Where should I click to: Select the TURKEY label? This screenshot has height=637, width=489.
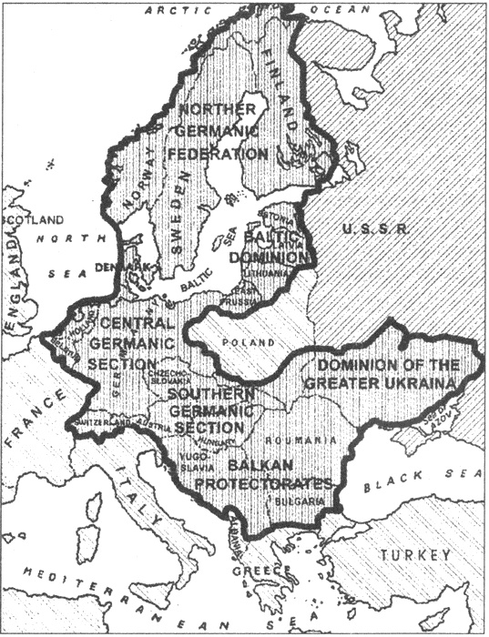click(417, 555)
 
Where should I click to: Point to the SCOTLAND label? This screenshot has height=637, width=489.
click(34, 220)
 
